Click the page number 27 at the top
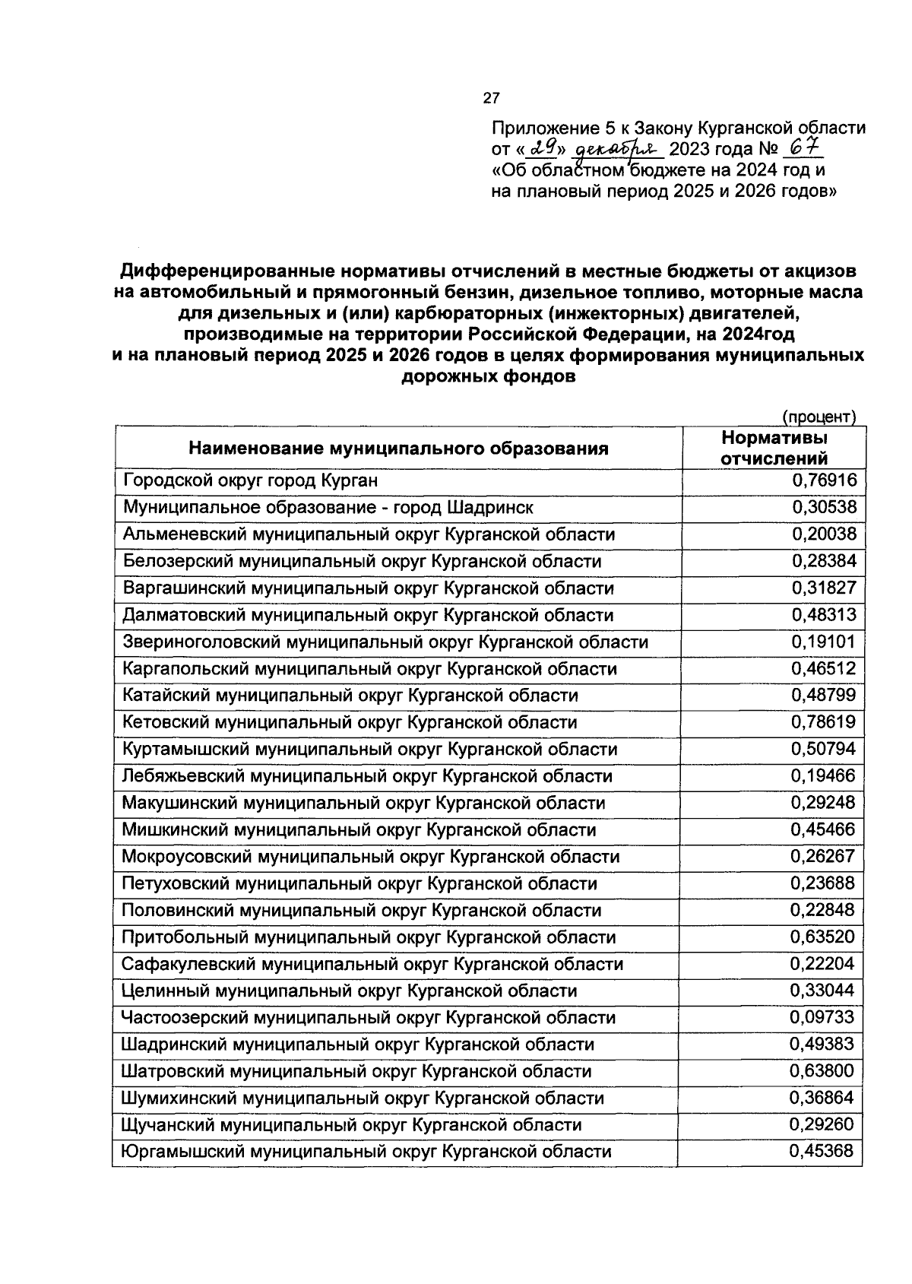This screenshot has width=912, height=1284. tap(491, 98)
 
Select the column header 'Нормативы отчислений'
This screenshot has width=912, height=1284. tap(774, 448)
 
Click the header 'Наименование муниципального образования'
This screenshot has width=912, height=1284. tap(398, 449)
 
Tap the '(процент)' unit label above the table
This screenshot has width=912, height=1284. tap(819, 417)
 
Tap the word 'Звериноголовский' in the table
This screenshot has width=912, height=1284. tap(201, 642)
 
